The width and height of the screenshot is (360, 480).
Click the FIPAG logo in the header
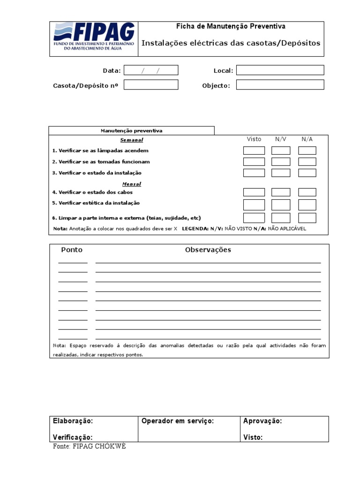tap(94, 39)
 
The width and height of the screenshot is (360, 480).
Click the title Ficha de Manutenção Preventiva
tap(230, 27)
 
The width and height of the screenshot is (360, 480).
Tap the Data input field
tap(151, 70)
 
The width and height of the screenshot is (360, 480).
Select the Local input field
tap(280, 70)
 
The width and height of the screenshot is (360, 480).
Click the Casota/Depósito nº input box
tap(151, 85)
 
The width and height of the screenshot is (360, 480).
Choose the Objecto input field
tap(280, 85)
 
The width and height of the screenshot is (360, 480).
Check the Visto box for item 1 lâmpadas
tap(254, 150)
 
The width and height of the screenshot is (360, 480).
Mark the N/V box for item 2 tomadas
tap(281, 162)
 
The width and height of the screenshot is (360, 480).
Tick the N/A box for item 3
tap(307, 172)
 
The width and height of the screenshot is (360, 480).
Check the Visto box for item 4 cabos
tap(254, 192)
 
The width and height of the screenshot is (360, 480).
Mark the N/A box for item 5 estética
tap(307, 205)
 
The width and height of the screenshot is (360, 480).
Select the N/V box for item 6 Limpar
tap(281, 218)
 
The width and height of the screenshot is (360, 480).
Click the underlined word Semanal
tap(132, 140)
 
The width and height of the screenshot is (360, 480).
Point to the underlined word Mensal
tap(132, 184)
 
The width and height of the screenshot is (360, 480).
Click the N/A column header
tap(307, 139)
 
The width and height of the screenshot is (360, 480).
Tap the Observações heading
tap(208, 250)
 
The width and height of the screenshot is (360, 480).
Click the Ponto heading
tap(72, 250)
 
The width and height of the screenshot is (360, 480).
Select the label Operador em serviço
tap(178, 421)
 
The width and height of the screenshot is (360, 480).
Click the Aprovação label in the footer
tap(262, 421)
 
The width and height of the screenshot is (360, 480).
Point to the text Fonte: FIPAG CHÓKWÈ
tap(89, 446)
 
